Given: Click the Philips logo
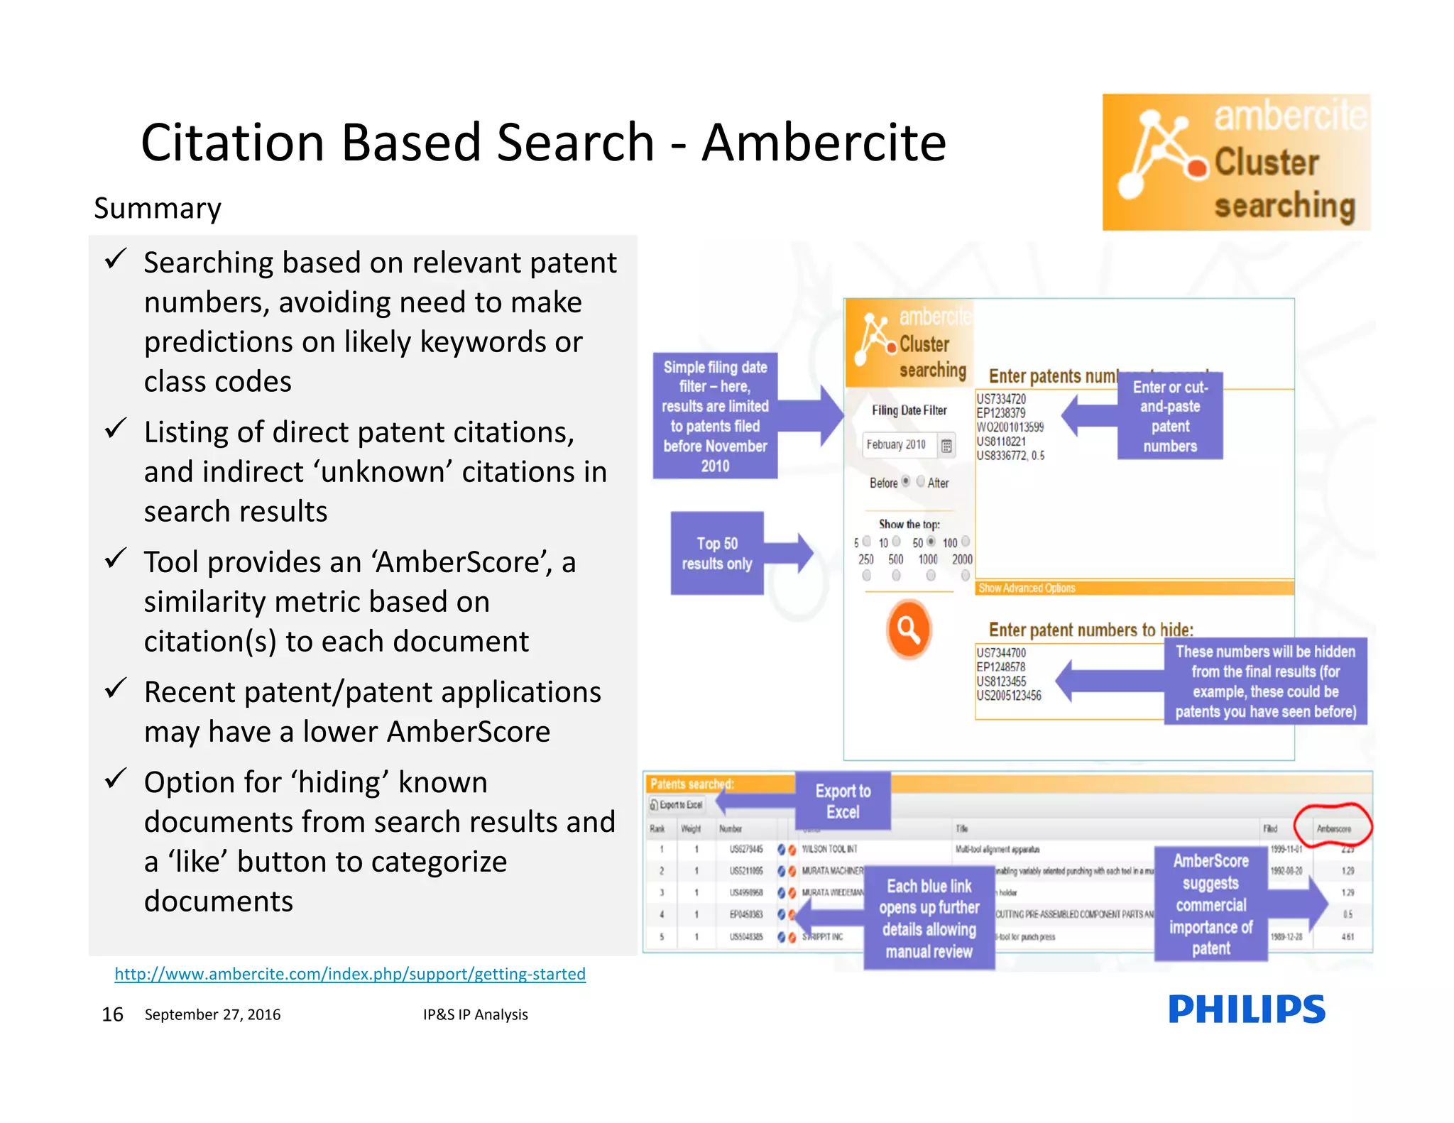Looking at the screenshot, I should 1246,1009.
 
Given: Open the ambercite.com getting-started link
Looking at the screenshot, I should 350,973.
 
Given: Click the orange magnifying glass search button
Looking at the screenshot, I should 908,629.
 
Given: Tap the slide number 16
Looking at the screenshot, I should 112,1014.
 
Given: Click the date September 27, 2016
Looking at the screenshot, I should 212,1014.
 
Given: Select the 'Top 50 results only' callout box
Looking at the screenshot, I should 717,553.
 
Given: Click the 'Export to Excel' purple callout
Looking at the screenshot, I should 843,801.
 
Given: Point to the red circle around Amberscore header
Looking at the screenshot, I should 1333,826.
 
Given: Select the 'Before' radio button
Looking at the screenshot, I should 905,481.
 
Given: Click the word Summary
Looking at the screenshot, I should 158,208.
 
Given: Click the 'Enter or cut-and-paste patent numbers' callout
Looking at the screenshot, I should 1170,417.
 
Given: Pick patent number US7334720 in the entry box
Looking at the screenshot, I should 1001,399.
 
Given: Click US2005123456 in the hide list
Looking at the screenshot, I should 1009,696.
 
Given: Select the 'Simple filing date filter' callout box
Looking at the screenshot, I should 715,416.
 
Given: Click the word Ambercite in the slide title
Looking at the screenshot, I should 824,143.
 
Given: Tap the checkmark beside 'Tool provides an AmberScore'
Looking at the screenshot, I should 115,559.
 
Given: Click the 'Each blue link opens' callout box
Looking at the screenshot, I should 929,918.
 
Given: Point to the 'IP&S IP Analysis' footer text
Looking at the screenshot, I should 475,1014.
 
